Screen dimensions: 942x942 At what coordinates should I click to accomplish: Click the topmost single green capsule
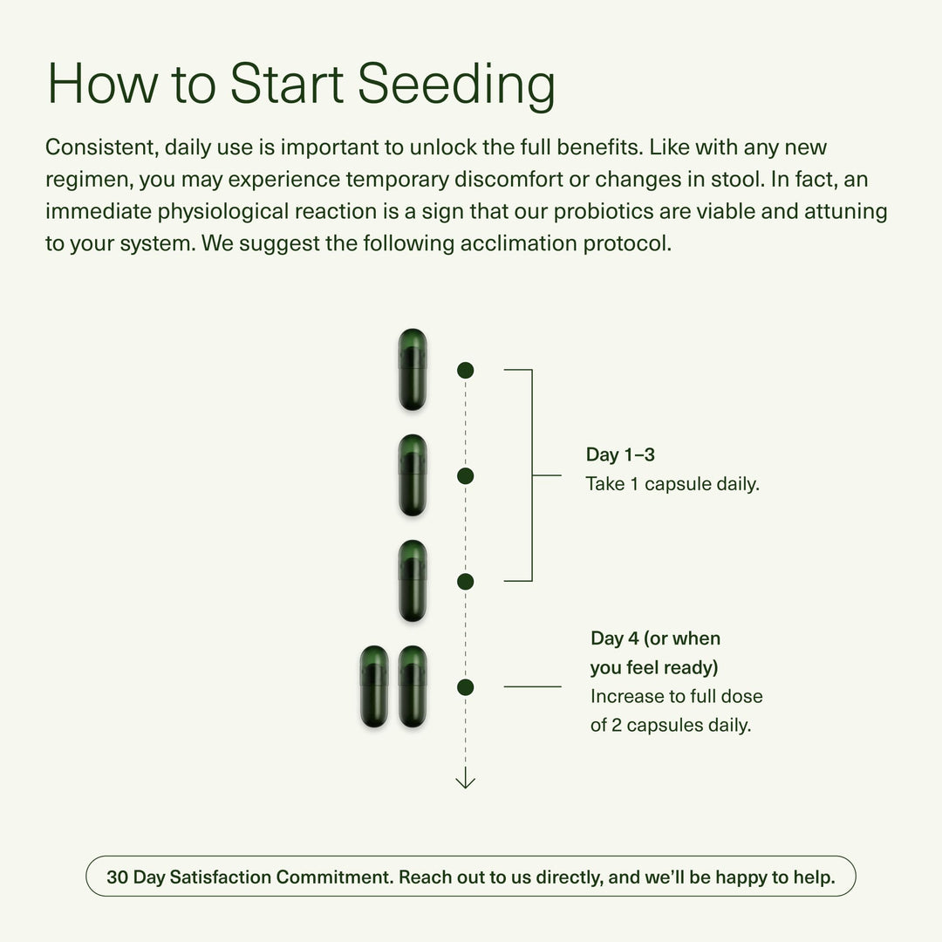[x=413, y=370]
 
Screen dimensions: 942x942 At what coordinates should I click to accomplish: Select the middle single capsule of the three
[x=413, y=475]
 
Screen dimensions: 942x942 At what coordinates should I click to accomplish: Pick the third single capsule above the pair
[x=413, y=581]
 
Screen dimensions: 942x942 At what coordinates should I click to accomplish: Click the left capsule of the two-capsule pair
[x=374, y=686]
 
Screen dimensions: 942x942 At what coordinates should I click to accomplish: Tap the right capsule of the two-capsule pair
[x=413, y=686]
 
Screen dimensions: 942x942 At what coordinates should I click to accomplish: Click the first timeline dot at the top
[x=465, y=370]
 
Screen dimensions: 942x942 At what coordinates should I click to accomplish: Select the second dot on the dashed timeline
[x=465, y=475]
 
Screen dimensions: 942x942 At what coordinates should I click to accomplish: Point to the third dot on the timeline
[x=465, y=581]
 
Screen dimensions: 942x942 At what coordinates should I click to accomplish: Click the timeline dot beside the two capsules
[x=465, y=687]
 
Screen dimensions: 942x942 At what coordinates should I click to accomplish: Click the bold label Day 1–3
[x=620, y=454]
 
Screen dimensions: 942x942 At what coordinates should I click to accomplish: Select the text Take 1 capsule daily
[x=672, y=484]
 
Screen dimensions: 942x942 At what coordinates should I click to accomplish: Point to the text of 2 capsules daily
[x=670, y=725]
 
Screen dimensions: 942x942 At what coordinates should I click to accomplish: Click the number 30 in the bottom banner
[x=117, y=877]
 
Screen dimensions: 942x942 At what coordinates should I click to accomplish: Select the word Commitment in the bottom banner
[x=332, y=877]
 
